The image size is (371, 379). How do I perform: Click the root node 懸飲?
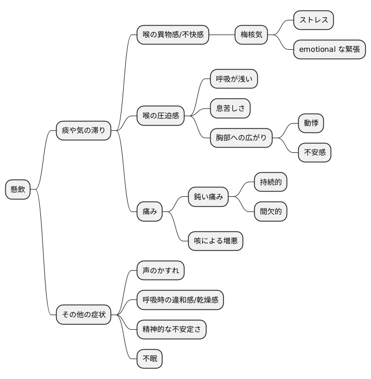click(18, 189)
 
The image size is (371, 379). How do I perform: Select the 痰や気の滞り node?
click(83, 130)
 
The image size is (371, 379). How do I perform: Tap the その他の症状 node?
click(83, 315)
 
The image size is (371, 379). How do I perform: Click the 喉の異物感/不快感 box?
click(173, 35)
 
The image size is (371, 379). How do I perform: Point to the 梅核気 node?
click(251, 35)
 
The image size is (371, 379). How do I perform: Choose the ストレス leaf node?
click(313, 20)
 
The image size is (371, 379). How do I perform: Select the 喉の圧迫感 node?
click(160, 116)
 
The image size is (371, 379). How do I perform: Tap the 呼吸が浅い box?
click(234, 79)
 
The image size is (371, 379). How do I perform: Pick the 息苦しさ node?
click(230, 108)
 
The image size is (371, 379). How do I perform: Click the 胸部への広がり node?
click(241, 138)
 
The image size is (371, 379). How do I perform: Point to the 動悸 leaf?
click(311, 123)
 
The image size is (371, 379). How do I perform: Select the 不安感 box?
click(314, 152)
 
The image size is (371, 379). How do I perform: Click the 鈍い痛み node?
click(208, 197)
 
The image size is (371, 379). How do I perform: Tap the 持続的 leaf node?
click(270, 182)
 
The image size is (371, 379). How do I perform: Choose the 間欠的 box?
click(270, 211)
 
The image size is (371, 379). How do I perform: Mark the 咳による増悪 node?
click(215, 241)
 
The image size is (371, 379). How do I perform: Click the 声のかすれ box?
click(160, 271)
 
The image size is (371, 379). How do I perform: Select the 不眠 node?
click(149, 359)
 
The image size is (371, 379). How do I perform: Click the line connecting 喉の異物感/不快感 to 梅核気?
click(222, 35)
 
